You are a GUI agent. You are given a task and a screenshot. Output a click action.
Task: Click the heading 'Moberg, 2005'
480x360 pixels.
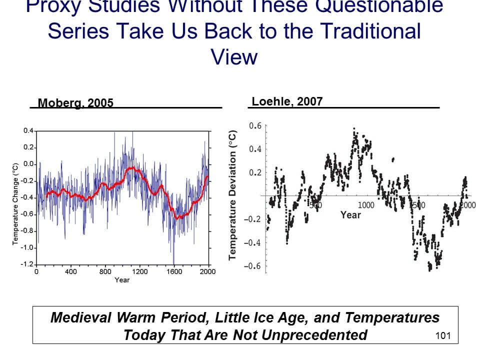(x=76, y=103)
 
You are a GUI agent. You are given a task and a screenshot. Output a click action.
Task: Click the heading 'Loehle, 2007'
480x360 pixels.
(x=287, y=101)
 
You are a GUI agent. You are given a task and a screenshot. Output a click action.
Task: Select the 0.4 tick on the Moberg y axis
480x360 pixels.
(x=28, y=131)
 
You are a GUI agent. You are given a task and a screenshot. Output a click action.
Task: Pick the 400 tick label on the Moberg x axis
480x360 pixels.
(x=70, y=272)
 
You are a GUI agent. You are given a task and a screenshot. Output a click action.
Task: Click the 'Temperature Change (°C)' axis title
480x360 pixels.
(x=15, y=203)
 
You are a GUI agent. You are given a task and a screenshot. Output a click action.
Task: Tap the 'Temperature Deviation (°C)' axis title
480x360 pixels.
(x=232, y=195)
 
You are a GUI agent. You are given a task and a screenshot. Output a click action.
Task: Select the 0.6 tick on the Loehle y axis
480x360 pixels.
(x=255, y=126)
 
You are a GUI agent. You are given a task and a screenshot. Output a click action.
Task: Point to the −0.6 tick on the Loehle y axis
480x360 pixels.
(x=252, y=266)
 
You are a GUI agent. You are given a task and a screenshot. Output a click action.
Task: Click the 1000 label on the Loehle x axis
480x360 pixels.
(x=366, y=205)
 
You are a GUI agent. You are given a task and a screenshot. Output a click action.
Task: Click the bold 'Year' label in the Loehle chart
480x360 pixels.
(x=350, y=215)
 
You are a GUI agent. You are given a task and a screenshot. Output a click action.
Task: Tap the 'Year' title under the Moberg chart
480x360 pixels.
(x=122, y=280)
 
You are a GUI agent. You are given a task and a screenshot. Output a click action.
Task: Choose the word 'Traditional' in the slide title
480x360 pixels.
(x=370, y=31)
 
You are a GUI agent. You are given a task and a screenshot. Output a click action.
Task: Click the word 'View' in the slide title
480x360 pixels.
(x=234, y=56)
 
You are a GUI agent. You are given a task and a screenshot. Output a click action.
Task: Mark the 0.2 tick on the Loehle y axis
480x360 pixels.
(x=255, y=173)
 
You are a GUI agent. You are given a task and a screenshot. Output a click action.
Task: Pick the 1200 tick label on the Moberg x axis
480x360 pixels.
(x=139, y=272)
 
